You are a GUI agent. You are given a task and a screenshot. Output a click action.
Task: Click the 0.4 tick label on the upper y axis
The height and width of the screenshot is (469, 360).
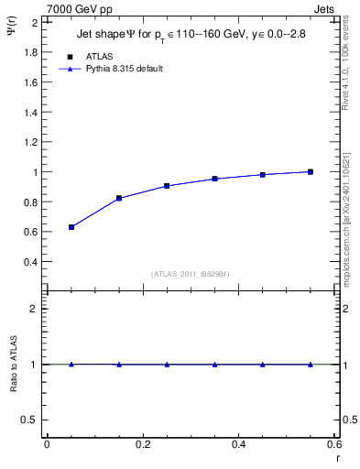tap(31, 262)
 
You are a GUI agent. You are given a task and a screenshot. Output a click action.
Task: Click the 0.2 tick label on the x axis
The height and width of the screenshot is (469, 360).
tap(142, 444)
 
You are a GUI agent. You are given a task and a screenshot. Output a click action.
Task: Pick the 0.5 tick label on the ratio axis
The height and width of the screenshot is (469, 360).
tap(31, 420)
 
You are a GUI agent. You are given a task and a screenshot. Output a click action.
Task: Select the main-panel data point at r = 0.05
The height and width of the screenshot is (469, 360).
tap(71, 227)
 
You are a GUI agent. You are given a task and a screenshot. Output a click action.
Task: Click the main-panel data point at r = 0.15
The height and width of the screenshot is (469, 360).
tap(119, 198)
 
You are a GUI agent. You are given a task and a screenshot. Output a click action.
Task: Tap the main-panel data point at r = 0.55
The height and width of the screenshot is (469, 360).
tap(311, 171)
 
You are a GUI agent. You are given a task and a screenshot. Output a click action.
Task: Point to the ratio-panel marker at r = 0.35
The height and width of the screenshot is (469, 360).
tap(215, 365)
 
